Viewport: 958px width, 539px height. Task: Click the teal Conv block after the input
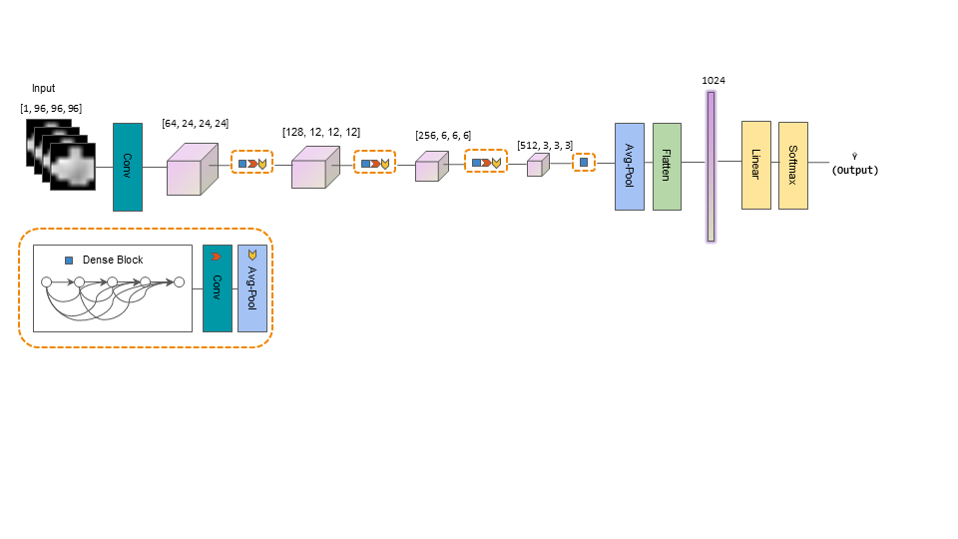point(128,167)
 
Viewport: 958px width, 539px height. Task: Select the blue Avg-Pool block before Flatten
point(630,167)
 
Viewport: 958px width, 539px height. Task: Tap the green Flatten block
point(667,167)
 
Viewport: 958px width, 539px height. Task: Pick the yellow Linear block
point(756,165)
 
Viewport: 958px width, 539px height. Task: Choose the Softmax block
point(793,166)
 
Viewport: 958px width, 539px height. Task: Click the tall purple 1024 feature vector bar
point(711,167)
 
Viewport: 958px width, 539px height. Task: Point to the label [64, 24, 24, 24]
point(196,124)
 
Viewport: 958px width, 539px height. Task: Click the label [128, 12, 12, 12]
point(321,132)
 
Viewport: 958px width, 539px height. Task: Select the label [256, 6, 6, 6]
point(443,136)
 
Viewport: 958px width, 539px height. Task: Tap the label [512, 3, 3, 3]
point(545,146)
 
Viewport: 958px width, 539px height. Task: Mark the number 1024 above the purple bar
point(714,81)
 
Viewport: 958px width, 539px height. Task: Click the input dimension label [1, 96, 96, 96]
point(51,108)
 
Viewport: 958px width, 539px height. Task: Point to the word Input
point(43,88)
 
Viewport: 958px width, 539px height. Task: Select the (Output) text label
point(855,170)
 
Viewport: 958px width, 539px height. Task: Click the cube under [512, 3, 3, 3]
point(538,165)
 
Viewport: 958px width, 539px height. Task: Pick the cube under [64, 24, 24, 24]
point(193,170)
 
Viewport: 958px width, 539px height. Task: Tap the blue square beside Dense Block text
point(69,261)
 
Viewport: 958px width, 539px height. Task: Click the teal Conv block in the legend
point(218,288)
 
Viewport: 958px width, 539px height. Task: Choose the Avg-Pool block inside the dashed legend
point(252,288)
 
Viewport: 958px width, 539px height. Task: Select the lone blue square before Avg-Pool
point(584,163)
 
